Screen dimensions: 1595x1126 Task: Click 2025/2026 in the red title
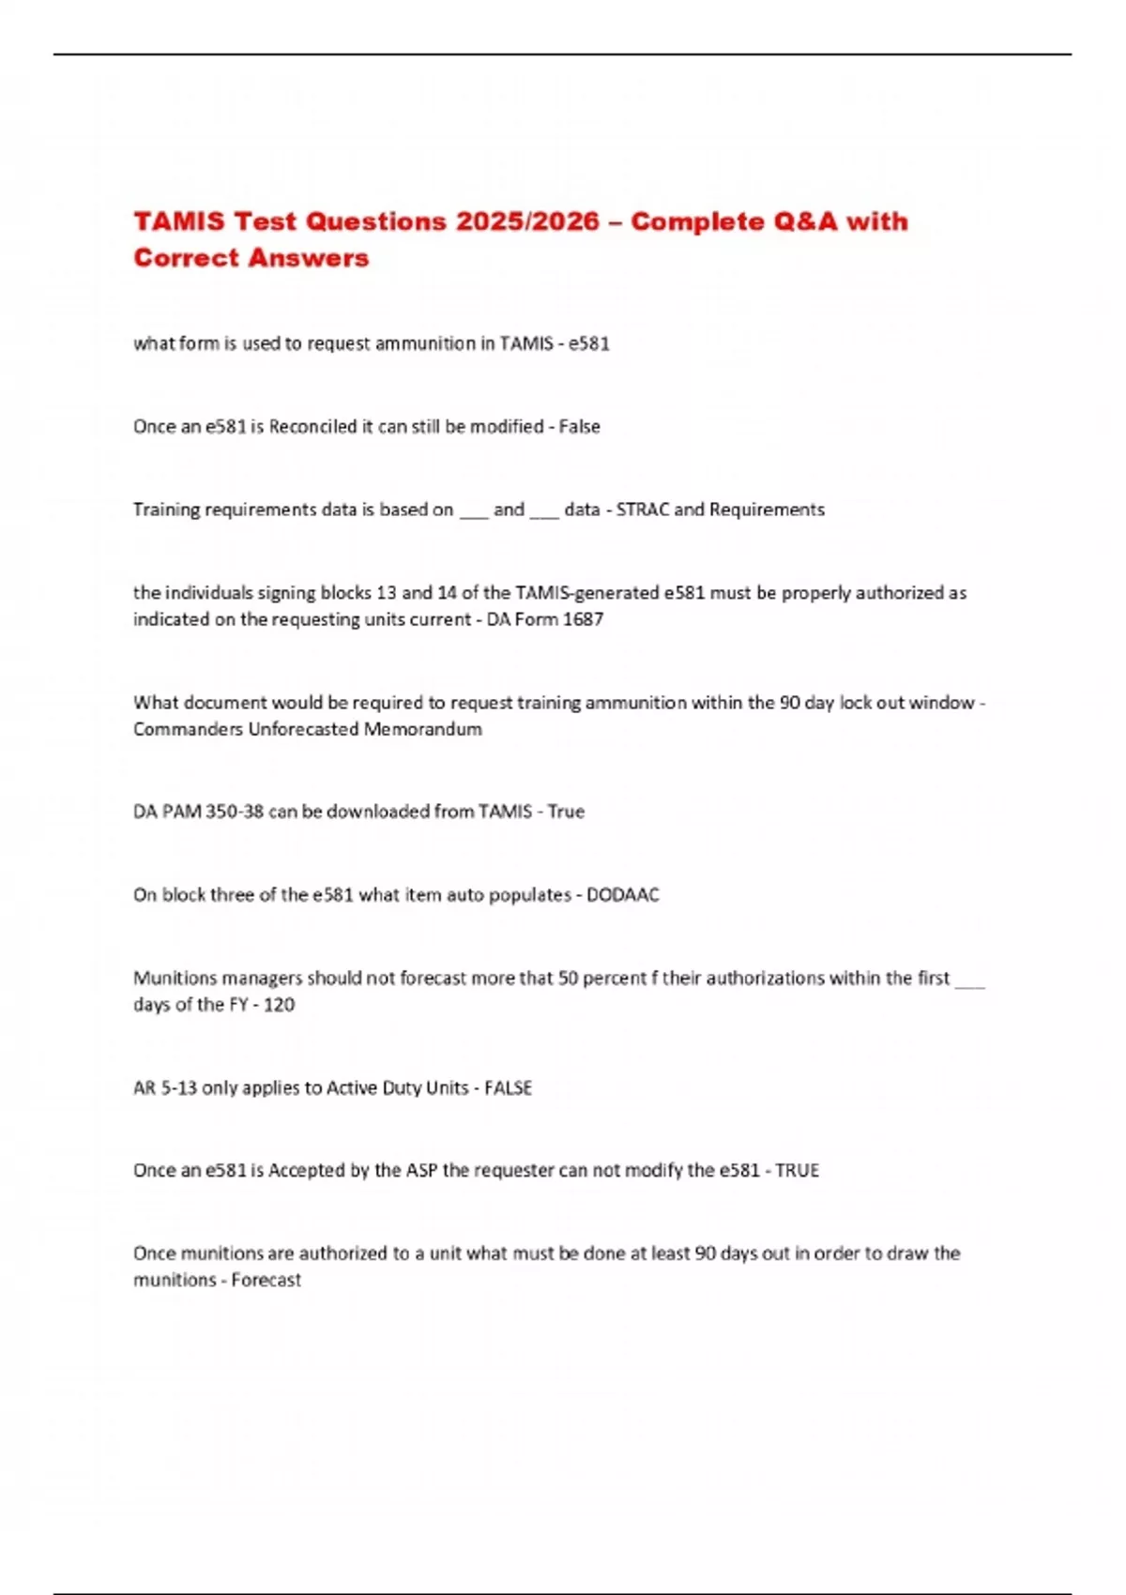pyautogui.click(x=527, y=221)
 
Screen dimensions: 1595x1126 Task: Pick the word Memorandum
pyautogui.click(x=423, y=729)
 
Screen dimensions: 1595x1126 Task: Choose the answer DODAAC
pyautogui.click(x=623, y=895)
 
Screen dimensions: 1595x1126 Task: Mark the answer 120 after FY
pyautogui.click(x=279, y=1005)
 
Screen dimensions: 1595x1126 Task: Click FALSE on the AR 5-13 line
pyautogui.click(x=508, y=1088)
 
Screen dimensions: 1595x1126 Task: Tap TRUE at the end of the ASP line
pyautogui.click(x=797, y=1171)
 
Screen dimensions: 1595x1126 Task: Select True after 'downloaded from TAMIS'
pyautogui.click(x=566, y=812)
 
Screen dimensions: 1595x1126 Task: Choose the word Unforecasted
pyautogui.click(x=303, y=729)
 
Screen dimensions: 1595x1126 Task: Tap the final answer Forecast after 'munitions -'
pyautogui.click(x=266, y=1281)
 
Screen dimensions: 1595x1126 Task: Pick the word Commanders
pyautogui.click(x=188, y=729)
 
